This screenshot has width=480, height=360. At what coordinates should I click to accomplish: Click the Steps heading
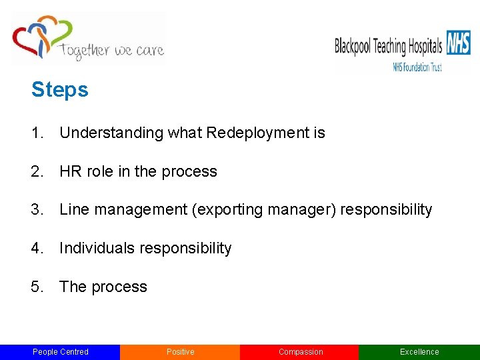tap(59, 90)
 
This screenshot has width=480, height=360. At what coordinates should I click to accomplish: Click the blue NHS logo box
tap(458, 43)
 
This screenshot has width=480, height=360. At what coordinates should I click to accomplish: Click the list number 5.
tap(37, 287)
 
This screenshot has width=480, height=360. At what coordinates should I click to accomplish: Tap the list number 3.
tap(37, 210)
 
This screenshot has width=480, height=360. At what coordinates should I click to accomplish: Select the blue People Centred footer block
tap(60, 352)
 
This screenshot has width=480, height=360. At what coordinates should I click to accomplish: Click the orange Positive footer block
tap(180, 352)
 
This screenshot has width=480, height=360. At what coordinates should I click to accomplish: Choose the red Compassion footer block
tap(300, 352)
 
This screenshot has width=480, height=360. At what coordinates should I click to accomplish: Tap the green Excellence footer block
tap(419, 352)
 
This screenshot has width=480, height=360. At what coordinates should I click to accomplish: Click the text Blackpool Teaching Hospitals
tap(388, 46)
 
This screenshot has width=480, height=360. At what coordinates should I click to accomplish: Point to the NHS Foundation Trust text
tap(417, 66)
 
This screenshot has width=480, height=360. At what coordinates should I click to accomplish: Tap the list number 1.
tap(37, 133)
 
